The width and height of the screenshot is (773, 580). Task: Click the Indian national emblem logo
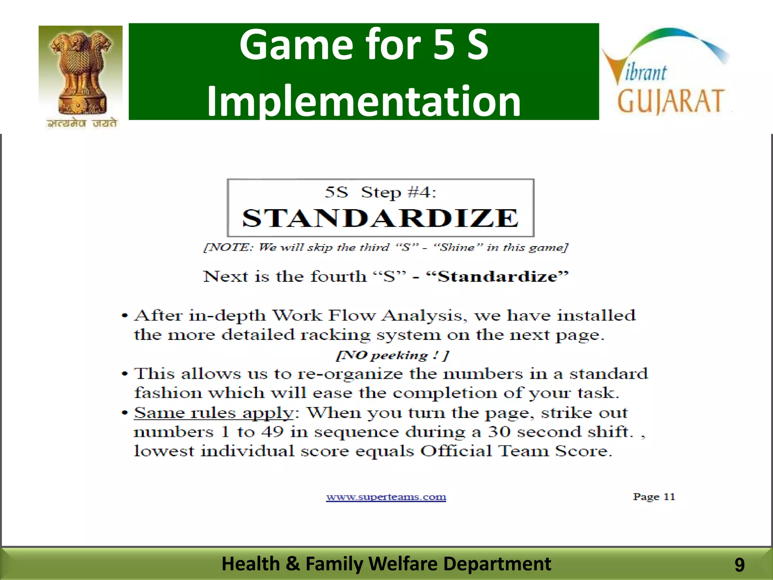[x=80, y=72]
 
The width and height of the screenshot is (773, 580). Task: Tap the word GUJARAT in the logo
[x=670, y=101]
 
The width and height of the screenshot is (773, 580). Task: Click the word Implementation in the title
[x=363, y=101]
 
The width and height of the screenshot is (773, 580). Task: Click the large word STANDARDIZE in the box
[x=380, y=218]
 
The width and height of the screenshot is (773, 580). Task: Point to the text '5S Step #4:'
[x=380, y=193]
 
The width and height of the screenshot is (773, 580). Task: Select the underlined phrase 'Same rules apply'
[x=214, y=412]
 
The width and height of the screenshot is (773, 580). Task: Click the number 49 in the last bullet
[x=273, y=432]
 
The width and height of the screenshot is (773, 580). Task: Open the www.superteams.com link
[x=386, y=497]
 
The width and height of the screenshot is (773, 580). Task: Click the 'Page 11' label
[x=654, y=497]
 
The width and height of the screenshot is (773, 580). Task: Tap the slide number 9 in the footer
[x=739, y=565]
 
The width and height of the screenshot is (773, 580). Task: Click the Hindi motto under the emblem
[x=82, y=123]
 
